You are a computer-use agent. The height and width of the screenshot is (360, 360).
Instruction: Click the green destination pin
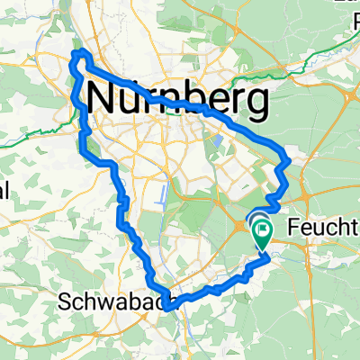point(262,230)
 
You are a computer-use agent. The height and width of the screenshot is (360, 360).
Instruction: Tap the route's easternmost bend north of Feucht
point(287,163)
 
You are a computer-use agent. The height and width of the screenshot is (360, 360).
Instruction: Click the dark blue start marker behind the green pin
point(253,219)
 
